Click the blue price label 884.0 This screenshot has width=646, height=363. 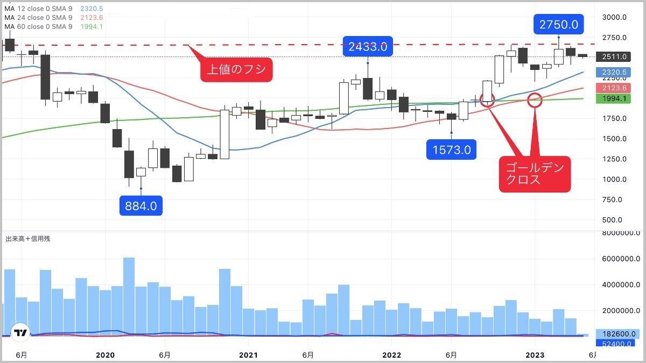(x=141, y=205)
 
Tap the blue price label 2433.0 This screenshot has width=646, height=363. (x=368, y=47)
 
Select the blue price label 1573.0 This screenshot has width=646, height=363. (x=451, y=150)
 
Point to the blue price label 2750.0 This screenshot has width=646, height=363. (x=559, y=24)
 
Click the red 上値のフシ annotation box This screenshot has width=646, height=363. (x=236, y=69)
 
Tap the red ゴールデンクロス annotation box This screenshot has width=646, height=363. (x=535, y=174)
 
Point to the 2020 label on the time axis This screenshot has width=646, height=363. (x=105, y=355)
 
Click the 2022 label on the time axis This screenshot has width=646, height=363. (x=391, y=355)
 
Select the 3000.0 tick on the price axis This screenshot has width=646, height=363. (x=614, y=17)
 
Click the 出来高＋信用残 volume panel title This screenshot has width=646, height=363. (x=27, y=238)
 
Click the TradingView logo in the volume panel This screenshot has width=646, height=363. (x=21, y=333)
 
